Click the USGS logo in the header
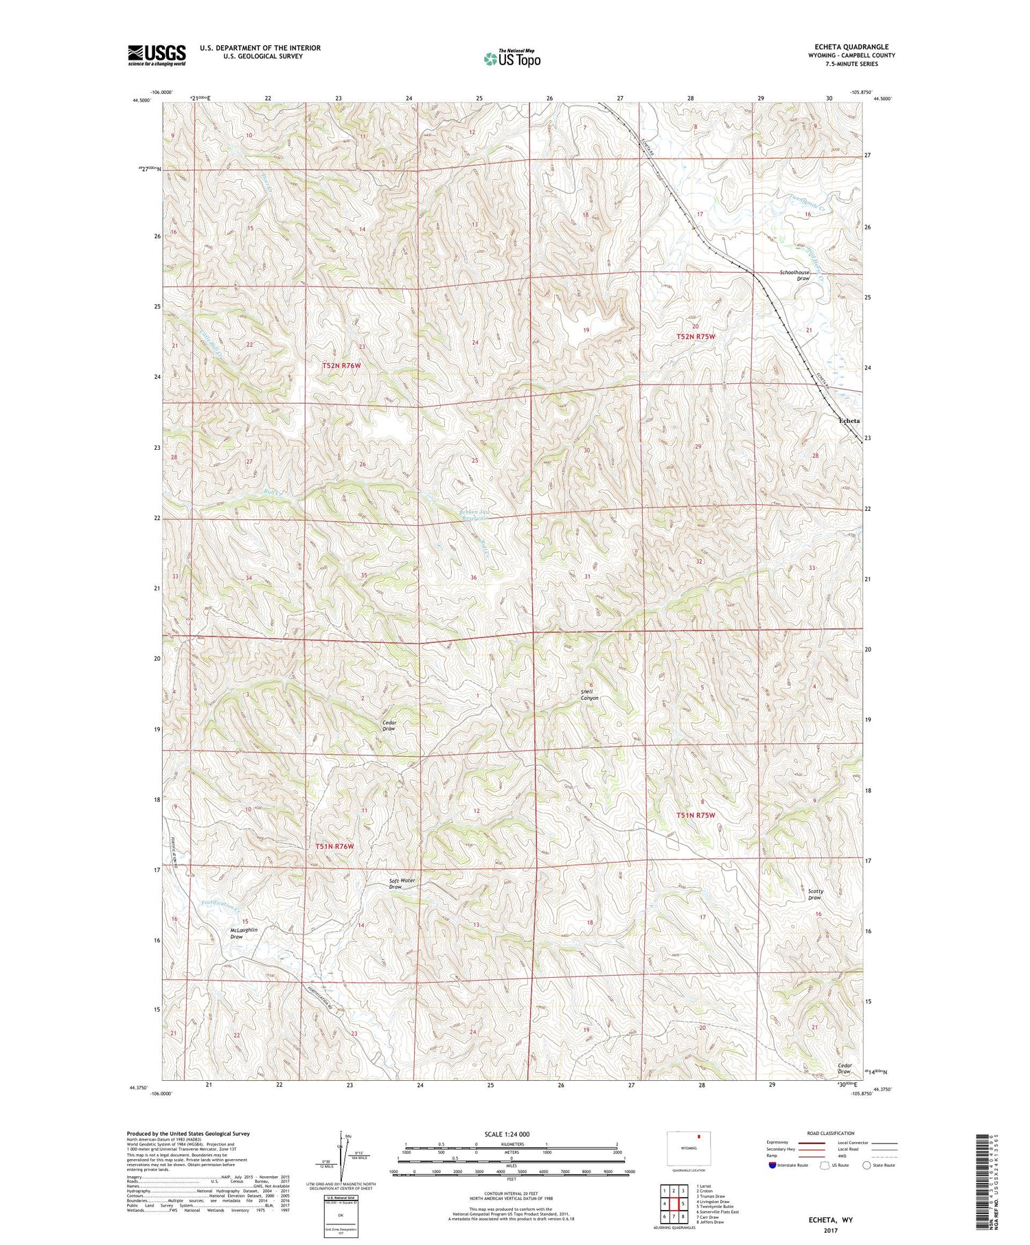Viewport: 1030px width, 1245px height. coord(157,55)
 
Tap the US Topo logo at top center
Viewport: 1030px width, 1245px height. coord(512,59)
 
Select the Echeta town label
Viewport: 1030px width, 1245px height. coord(848,420)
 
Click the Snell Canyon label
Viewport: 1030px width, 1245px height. coord(590,694)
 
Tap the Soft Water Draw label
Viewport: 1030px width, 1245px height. coord(402,883)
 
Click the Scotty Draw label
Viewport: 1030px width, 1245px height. coord(815,894)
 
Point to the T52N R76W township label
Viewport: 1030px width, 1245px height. coord(341,366)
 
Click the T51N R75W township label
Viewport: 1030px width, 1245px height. coord(696,815)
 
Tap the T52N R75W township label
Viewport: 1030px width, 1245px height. coord(696,336)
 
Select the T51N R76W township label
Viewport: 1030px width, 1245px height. coord(334,847)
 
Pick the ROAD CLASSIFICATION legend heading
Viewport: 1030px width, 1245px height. coord(831,1133)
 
